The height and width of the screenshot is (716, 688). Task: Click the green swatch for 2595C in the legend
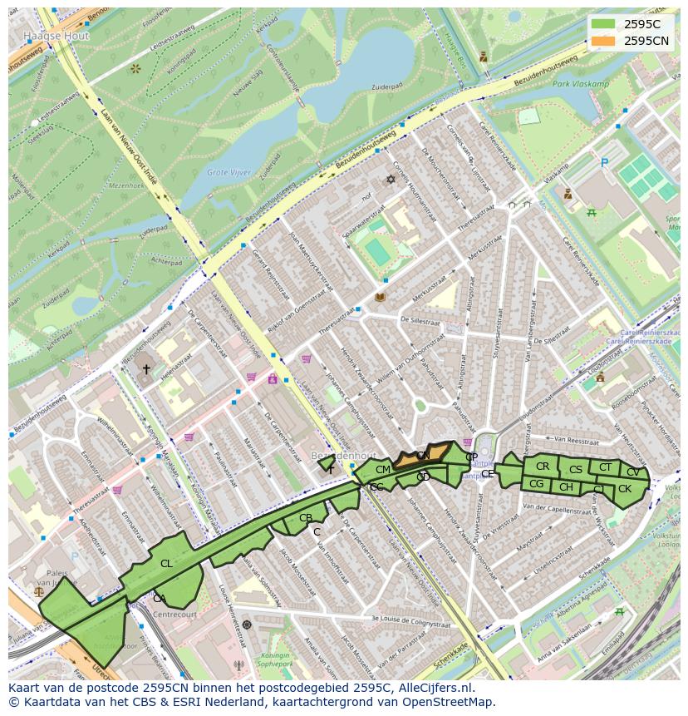pos(604,24)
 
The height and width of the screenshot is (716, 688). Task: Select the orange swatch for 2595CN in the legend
pos(604,40)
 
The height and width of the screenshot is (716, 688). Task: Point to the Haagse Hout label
pos(57,37)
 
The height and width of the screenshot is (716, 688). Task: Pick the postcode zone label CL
pos(166,563)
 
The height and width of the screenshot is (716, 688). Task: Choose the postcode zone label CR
pos(543,467)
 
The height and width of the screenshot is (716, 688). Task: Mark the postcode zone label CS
pos(576,470)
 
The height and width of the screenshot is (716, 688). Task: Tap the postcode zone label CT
pos(605,467)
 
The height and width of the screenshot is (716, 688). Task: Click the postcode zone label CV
pos(633,472)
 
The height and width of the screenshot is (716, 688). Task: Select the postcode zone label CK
pos(625,489)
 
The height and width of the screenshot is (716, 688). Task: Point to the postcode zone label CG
pos(536,484)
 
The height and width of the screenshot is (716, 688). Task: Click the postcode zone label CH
pos(566,487)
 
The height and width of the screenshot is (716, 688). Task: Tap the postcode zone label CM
pos(382,470)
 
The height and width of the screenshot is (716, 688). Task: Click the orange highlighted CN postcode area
pos(422,456)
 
